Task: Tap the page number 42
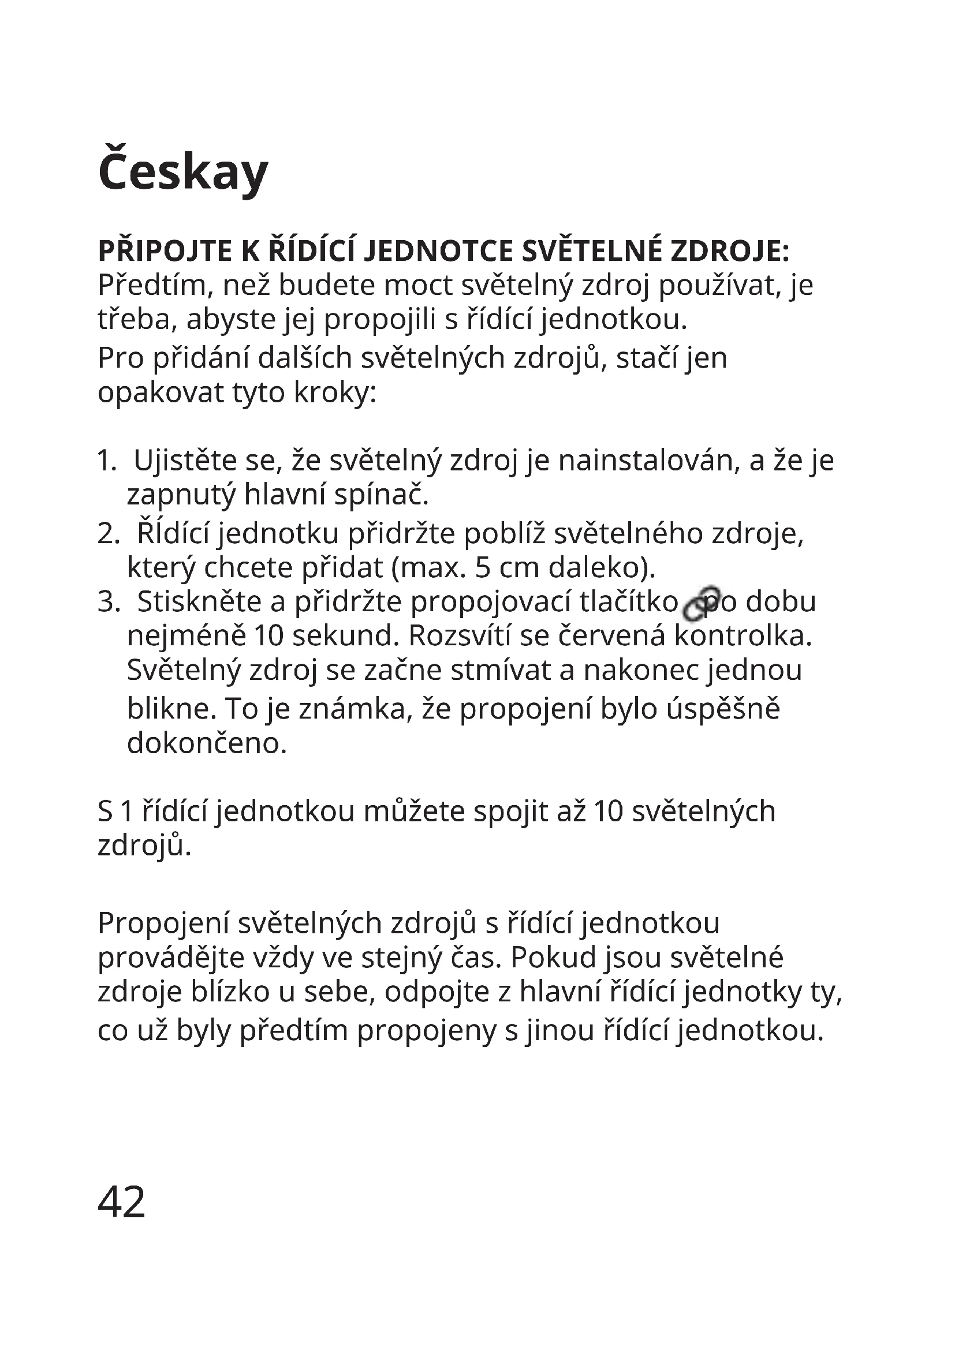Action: pos(121,1202)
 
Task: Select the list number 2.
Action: pos(107,533)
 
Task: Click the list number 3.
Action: pos(107,601)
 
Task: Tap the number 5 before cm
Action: pos(482,567)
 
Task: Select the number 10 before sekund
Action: pos(268,635)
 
